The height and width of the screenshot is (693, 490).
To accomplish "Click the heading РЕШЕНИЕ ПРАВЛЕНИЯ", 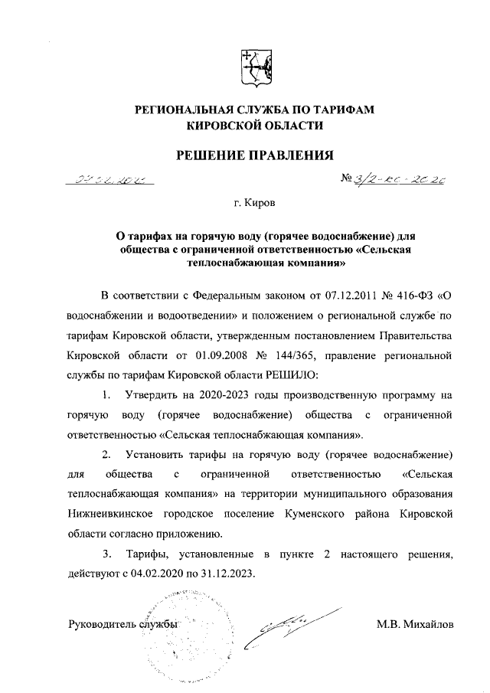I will [x=256, y=155].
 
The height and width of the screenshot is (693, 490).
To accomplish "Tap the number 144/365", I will [x=302, y=355].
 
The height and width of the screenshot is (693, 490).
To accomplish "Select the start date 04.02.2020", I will [x=157, y=573].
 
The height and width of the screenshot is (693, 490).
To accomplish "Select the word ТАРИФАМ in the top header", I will [x=341, y=110].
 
